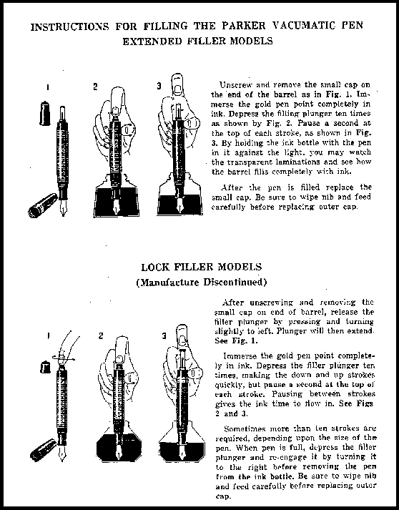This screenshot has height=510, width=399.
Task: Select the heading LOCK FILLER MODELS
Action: pos(202,267)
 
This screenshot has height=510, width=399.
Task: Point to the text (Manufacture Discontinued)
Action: pos(202,282)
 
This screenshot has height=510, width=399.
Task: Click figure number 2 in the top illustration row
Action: pos(95,87)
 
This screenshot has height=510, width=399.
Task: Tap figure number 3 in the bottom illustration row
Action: pos(164,335)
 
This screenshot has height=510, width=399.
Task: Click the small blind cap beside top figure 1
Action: pos(44,113)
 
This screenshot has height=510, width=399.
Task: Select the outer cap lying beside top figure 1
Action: pos(43,205)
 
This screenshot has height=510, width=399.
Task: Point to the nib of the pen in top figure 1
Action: pos(63,208)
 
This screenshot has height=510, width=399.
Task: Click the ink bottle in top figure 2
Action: pos(116,197)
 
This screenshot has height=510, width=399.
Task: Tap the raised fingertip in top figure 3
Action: pos(177,84)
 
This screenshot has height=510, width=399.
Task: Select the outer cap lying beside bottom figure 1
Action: pos(44,450)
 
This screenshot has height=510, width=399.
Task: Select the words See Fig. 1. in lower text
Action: pos(236,341)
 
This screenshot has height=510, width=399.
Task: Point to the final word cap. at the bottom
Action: pos(223,496)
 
